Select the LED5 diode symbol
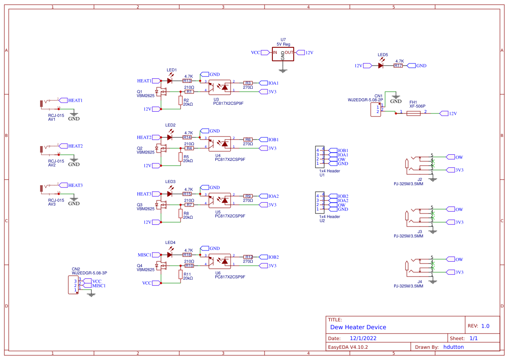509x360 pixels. [x=381, y=66]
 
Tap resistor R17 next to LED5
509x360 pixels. [x=398, y=66]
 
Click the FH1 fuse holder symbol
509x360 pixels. [x=413, y=113]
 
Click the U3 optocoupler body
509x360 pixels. [x=219, y=87]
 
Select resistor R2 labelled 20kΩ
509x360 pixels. [x=181, y=100]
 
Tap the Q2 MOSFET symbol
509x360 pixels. [x=163, y=148]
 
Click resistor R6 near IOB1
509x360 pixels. [x=248, y=140]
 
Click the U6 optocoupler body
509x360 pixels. [x=219, y=261]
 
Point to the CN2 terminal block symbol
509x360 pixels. [x=74, y=285]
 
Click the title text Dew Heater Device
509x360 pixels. [x=358, y=327]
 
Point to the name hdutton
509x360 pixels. [x=453, y=347]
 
